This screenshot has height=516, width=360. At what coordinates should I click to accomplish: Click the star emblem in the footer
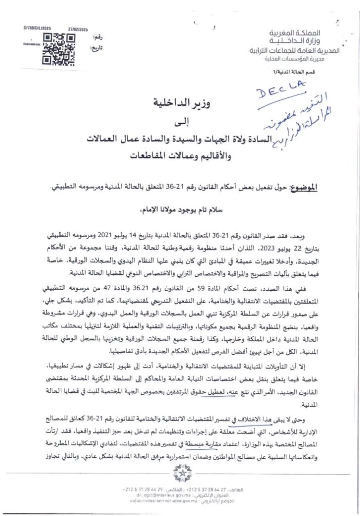click(x=179, y=473)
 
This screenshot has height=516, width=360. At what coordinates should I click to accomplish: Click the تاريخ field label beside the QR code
click(x=96, y=48)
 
